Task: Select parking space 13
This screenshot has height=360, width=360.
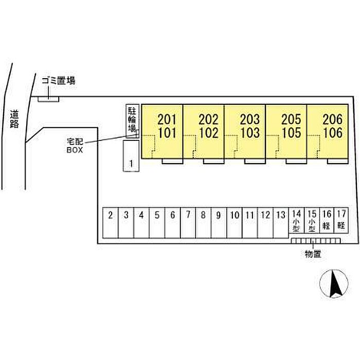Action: pyautogui.click(x=280, y=222)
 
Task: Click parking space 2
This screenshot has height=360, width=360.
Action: pyautogui.click(x=111, y=222)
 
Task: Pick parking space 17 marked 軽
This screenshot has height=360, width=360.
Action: pyautogui.click(x=341, y=222)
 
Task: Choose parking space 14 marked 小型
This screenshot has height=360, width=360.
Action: pyautogui.click(x=296, y=222)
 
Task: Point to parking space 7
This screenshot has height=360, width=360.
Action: pyautogui.click(x=188, y=222)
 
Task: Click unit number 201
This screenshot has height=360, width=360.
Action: pyautogui.click(x=167, y=120)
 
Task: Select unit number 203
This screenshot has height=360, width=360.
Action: pyautogui.click(x=250, y=120)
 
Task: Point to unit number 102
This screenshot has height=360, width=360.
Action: pyautogui.click(x=208, y=133)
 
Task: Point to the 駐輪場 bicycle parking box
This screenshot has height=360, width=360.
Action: pyautogui.click(x=132, y=119)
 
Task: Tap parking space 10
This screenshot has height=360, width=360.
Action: pyautogui.click(x=235, y=222)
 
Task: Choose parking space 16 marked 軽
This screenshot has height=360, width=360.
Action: pyautogui.click(x=326, y=222)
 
